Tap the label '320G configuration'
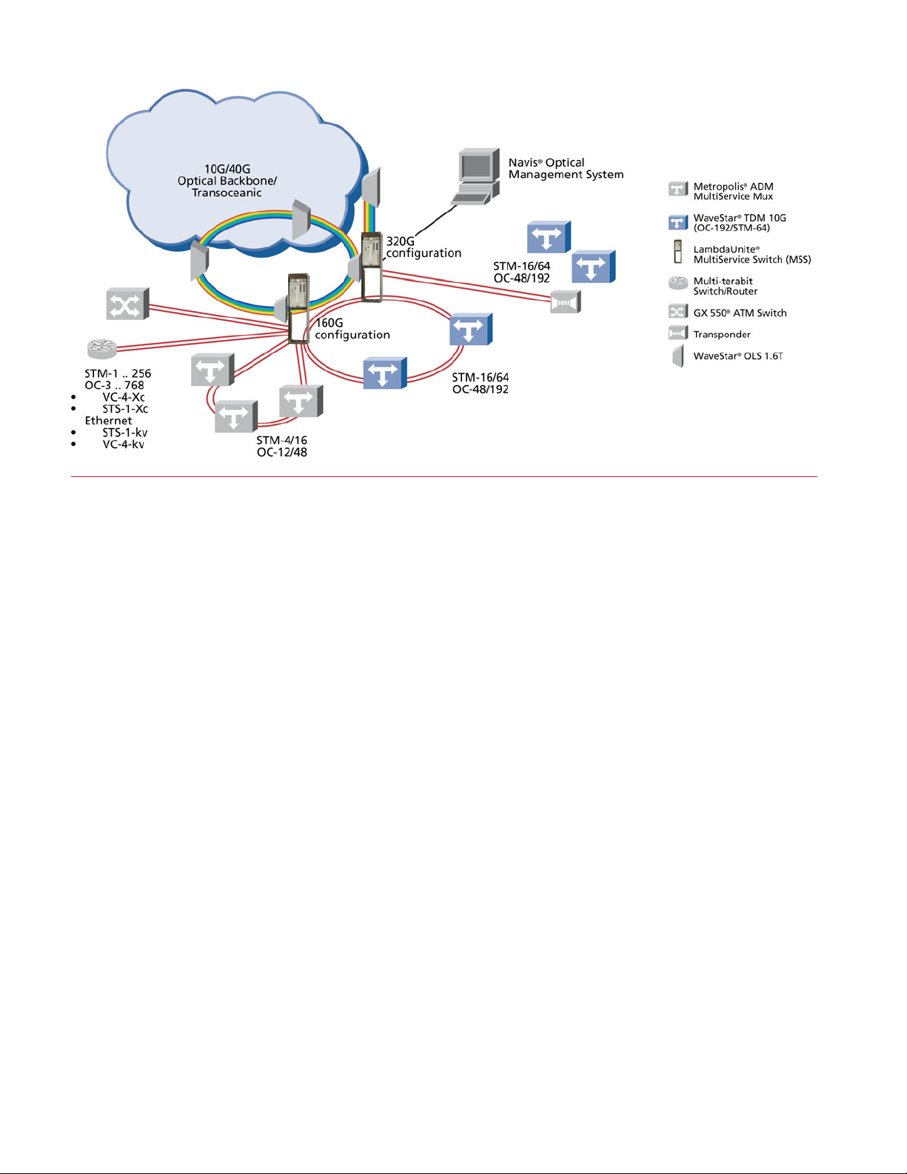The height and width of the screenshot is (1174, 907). coord(424,247)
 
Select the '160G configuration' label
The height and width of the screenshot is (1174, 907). coord(352,329)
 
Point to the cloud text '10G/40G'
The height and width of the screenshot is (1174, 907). coord(227,169)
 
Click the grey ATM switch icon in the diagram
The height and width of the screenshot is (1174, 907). coord(127,304)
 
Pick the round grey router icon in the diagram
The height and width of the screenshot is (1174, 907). coord(101,347)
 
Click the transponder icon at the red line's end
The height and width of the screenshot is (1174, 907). coord(565,302)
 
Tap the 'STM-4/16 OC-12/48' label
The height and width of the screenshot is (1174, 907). coord(282,446)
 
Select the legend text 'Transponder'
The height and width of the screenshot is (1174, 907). coord(722,335)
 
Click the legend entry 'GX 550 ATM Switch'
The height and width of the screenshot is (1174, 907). coord(740,313)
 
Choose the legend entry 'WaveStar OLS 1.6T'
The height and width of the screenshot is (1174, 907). coord(737,356)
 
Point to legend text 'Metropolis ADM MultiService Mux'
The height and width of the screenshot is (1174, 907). coord(733,192)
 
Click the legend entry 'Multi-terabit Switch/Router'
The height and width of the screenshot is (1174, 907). coord(725,286)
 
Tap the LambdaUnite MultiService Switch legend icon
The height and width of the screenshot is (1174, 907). coord(677,253)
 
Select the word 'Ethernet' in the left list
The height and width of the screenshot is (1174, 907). coord(108,421)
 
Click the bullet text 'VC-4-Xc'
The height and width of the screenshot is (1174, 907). coord(124,397)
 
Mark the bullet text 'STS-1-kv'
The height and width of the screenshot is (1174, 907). coord(124,433)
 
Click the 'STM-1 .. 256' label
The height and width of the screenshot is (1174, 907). coord(118,373)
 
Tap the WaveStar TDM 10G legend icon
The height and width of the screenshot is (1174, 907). coord(677,222)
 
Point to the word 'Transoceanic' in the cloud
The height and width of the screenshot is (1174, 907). coord(227,193)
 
